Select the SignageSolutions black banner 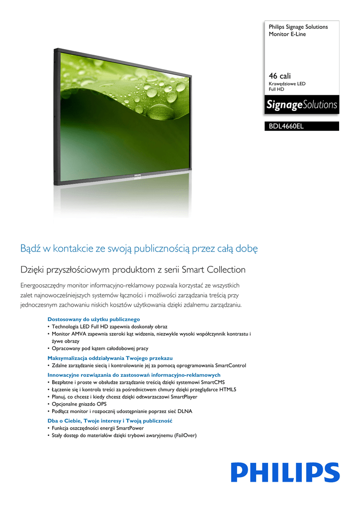[x=301, y=105]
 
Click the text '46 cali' [x=279, y=76]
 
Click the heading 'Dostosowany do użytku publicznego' [x=93, y=319]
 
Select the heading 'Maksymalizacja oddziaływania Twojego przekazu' [x=110, y=358]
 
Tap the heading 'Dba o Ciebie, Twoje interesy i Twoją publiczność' [x=109, y=421]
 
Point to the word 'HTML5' [x=228, y=390]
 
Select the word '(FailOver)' [x=182, y=435]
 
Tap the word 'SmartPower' [x=130, y=428]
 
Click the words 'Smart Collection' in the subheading [x=214, y=270]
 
